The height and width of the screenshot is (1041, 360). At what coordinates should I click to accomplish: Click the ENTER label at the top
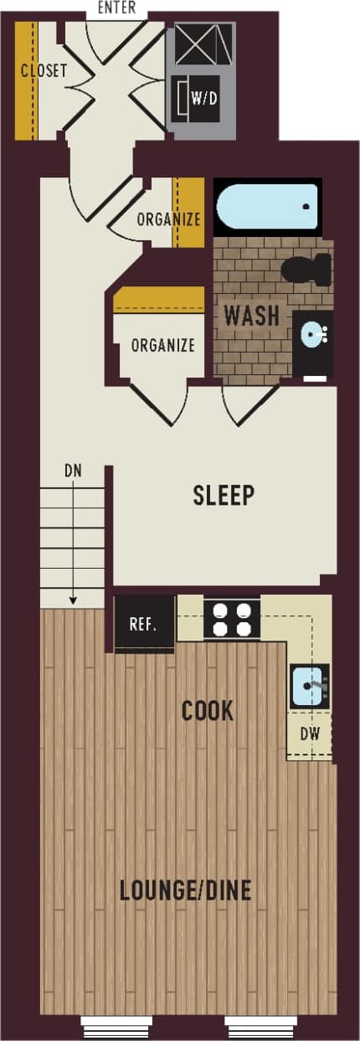tap(117, 8)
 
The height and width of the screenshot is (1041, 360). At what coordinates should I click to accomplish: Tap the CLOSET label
tap(44, 70)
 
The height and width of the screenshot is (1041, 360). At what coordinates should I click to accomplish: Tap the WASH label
tap(251, 317)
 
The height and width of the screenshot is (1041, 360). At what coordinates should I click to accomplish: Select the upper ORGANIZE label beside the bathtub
tap(168, 219)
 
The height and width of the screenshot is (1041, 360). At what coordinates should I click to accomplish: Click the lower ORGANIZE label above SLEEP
tap(162, 345)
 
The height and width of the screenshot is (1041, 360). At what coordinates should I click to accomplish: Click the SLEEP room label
tap(224, 495)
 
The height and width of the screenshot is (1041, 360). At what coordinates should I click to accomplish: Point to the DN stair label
tap(74, 471)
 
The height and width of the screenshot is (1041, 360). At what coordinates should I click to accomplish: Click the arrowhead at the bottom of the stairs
tap(74, 600)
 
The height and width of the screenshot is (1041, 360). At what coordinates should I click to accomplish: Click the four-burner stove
tap(232, 620)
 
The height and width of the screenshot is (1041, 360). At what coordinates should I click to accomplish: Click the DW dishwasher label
tap(309, 734)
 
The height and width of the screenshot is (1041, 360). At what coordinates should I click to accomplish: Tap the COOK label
tap(208, 712)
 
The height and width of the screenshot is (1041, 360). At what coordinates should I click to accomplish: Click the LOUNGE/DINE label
tap(185, 890)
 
